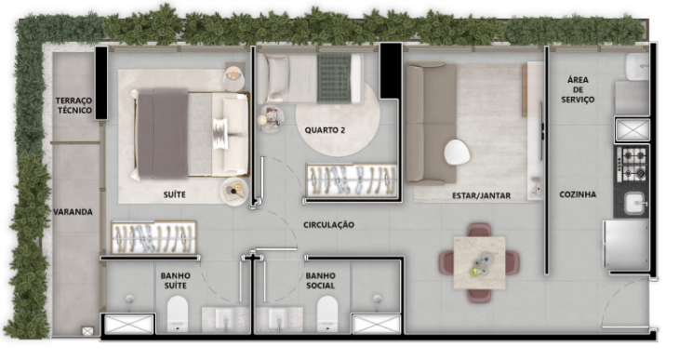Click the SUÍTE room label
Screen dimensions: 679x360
pyautogui.click(x=175, y=194)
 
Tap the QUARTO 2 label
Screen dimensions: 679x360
pyautogui.click(x=325, y=130)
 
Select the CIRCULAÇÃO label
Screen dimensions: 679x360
pyautogui.click(x=328, y=224)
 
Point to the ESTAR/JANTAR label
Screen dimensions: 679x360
pyautogui.click(x=481, y=195)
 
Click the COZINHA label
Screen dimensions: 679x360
pyautogui.click(x=578, y=194)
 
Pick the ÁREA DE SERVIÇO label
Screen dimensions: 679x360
pyautogui.click(x=578, y=89)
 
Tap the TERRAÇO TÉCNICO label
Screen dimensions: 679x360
pyautogui.click(x=74, y=105)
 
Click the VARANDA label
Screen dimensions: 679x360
pyautogui.click(x=73, y=212)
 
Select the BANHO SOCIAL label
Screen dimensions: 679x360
pyautogui.click(x=320, y=281)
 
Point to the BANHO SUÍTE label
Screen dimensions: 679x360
pyautogui.click(x=176, y=281)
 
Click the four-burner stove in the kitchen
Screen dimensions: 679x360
pyautogui.click(x=632, y=164)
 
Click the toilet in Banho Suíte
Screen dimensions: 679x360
pyautogui.click(x=178, y=313)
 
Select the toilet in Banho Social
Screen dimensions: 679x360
pyautogui.click(x=326, y=313)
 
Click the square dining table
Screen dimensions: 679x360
pyautogui.click(x=479, y=262)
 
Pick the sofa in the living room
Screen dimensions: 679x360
pyautogui.click(x=431, y=123)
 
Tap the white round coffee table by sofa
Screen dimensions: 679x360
pyautogui.click(x=457, y=152)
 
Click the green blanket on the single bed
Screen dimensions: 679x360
pyautogui.click(x=334, y=78)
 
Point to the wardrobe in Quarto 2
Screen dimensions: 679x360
pyautogui.click(x=352, y=180)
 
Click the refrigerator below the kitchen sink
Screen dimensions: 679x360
pyautogui.click(x=626, y=245)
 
